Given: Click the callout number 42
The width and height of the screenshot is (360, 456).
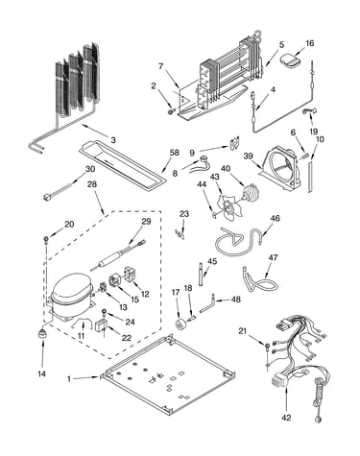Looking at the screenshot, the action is (287, 418).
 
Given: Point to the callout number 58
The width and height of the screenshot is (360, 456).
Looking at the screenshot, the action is (175, 152).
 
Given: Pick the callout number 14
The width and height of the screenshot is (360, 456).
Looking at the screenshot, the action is (42, 373).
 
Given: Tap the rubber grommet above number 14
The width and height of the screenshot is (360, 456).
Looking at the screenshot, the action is (42, 333).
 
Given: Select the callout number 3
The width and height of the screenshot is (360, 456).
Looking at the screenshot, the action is (113, 140).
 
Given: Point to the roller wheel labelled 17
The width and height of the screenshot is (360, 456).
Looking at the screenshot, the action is (181, 324).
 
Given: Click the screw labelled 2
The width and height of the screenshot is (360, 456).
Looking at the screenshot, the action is (171, 110).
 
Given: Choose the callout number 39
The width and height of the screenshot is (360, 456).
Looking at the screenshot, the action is (248, 156).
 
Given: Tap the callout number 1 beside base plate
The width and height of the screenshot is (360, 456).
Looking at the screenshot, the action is (69, 379).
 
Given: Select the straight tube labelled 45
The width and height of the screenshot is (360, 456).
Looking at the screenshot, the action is (201, 274).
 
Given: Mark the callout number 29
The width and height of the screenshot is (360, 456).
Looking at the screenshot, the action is (146, 222).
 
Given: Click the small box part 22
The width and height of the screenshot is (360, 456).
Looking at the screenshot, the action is (100, 325).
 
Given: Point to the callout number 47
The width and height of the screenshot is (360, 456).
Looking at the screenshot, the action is (274, 257).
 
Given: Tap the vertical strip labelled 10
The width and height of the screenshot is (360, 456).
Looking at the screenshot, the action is (310, 177).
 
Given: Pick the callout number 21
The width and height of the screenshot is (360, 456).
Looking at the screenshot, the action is (243, 330).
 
